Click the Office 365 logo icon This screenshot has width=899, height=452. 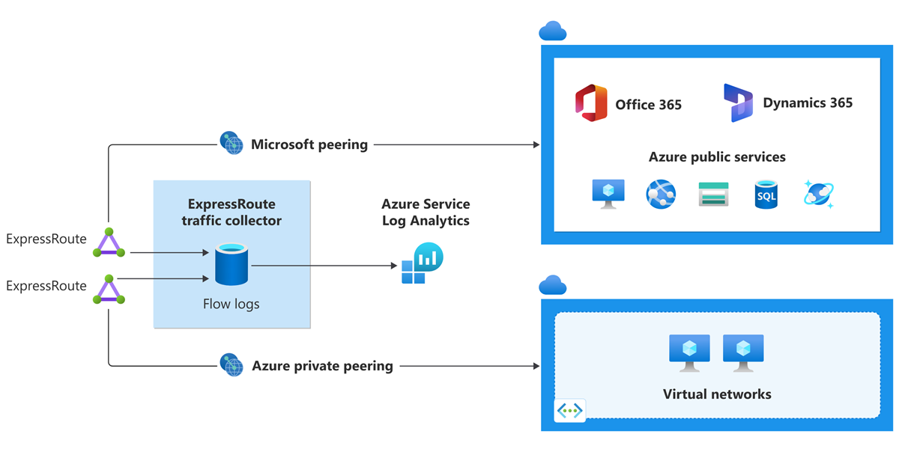[590, 103]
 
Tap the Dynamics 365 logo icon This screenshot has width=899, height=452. [738, 103]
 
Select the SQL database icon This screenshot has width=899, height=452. [766, 195]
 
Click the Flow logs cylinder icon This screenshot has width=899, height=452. [231, 264]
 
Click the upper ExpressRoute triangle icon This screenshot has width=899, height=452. [109, 242]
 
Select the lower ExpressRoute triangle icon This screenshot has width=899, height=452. [109, 290]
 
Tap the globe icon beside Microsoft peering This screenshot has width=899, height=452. [231, 143]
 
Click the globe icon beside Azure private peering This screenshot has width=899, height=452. [231, 365]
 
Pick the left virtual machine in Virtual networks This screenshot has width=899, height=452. [688, 352]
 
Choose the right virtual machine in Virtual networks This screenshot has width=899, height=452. [742, 352]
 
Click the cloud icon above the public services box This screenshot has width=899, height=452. [552, 31]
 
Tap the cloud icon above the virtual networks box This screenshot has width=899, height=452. [552, 285]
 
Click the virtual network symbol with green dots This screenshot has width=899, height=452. [569, 411]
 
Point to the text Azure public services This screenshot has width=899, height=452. [717, 157]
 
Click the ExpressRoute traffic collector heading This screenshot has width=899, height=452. [231, 212]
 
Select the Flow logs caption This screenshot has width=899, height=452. [231, 304]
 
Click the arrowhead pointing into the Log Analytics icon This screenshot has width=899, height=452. [394, 265]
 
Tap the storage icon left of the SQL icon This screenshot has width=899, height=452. [713, 195]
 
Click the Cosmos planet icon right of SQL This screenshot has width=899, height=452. [819, 194]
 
